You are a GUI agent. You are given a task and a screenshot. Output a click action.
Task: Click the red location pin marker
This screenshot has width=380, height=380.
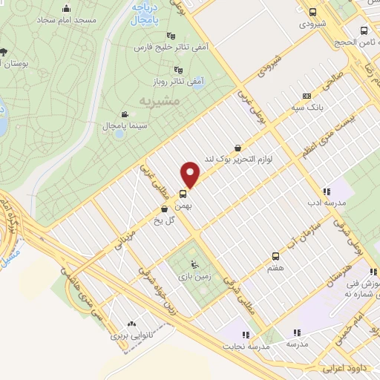click(x=191, y=174)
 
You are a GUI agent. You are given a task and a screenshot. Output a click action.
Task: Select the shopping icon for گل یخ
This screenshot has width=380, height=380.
click(x=163, y=209)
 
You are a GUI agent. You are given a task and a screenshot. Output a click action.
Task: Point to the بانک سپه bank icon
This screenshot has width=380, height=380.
click(x=307, y=96)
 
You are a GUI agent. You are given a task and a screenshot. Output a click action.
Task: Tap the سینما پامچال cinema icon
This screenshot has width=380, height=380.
click(x=124, y=114)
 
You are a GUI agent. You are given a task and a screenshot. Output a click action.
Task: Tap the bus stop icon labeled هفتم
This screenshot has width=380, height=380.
click(x=275, y=255)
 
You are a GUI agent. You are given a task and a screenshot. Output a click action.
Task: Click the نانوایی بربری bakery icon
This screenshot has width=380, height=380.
click(x=132, y=324)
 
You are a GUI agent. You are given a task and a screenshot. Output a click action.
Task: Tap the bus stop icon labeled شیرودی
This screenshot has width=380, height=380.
click(x=312, y=12)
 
